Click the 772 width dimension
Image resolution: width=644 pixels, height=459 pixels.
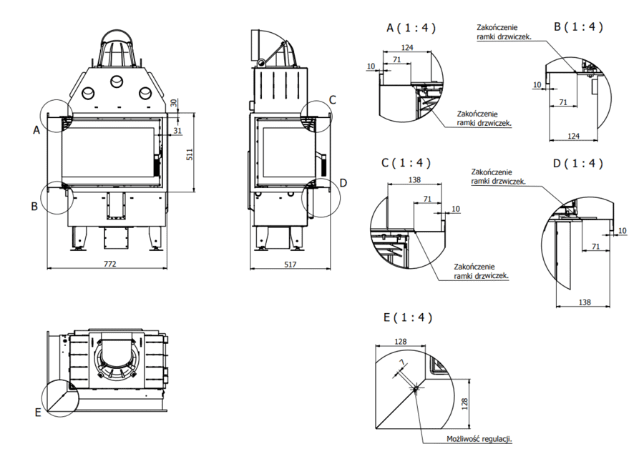point(109,263)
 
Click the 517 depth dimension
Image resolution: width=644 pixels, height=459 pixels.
point(290,263)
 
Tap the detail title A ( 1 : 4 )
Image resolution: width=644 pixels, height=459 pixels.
point(411,28)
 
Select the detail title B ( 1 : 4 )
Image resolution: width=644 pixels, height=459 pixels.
point(578,27)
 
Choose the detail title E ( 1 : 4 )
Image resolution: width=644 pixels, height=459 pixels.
point(408,317)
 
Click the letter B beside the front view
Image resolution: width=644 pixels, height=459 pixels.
point(34,207)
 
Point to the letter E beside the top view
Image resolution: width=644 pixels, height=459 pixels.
point(37,413)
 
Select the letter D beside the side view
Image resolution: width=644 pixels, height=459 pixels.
point(343,183)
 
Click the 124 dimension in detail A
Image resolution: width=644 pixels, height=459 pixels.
point(408,47)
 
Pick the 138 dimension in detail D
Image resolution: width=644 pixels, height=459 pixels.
point(585,302)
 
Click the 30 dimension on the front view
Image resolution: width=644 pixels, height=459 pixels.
point(174,103)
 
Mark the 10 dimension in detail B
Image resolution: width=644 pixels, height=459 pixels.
point(537,84)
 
